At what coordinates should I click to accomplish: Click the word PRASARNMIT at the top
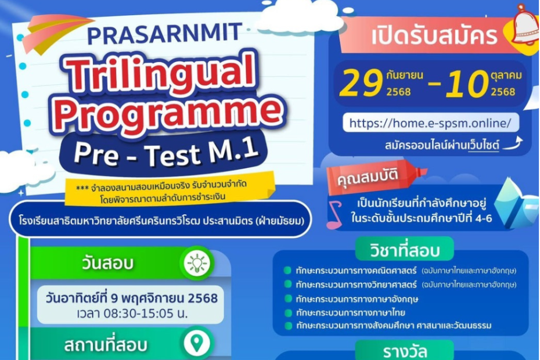165,34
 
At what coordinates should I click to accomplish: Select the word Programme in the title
169,112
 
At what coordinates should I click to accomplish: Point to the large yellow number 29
361,84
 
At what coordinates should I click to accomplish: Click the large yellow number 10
467,84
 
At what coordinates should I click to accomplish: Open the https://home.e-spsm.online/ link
430,123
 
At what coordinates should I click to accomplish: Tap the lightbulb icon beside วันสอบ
197,264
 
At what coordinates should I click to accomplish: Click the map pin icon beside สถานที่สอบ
197,343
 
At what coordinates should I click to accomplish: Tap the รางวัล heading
405,351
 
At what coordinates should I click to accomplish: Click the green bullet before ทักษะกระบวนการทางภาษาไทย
288,313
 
